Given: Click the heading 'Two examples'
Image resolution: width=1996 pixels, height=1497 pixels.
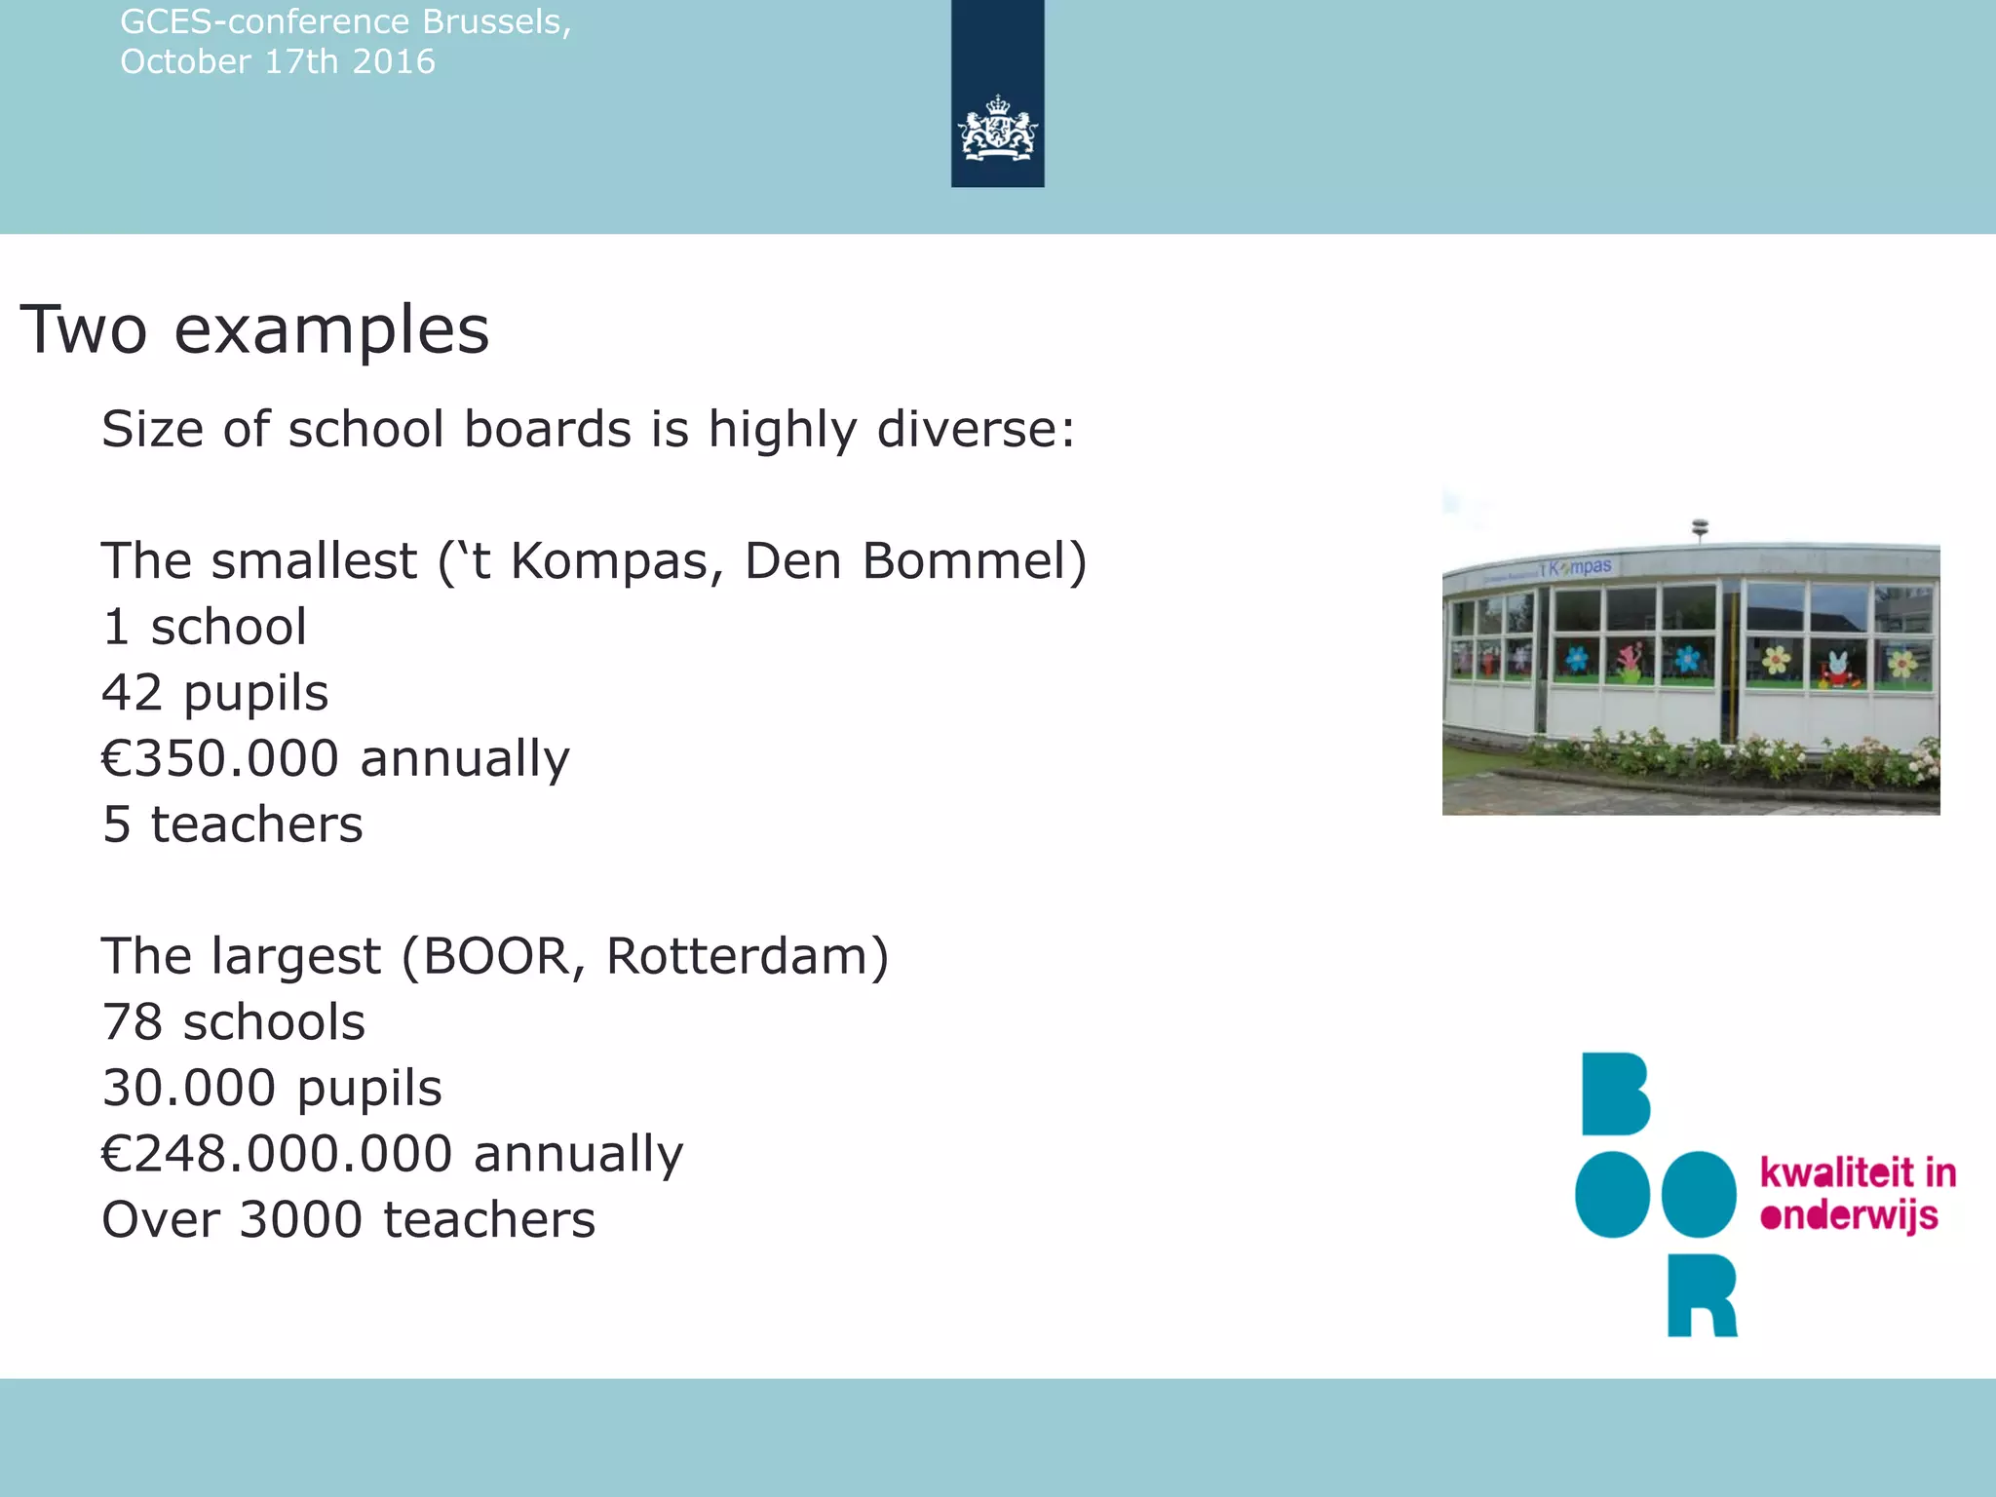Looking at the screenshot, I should click(x=254, y=330).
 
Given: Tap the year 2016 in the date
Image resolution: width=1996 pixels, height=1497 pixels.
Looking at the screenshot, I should click(x=394, y=62).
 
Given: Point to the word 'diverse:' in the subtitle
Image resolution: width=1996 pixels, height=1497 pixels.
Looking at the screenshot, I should click(x=976, y=430).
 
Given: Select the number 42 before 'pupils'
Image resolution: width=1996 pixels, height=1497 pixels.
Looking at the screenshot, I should click(x=132, y=693).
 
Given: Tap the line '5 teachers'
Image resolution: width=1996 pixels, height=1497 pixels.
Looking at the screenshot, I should click(x=233, y=825).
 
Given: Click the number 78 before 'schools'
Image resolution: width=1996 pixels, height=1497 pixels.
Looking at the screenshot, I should click(x=132, y=1022).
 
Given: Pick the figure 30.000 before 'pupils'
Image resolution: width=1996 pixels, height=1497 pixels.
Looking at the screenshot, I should click(x=189, y=1088).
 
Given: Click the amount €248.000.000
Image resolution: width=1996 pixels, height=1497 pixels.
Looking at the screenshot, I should click(x=277, y=1154).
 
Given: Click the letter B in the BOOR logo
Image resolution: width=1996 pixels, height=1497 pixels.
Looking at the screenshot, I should click(x=1614, y=1094).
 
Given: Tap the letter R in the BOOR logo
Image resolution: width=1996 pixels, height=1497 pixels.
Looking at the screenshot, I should click(x=1702, y=1294).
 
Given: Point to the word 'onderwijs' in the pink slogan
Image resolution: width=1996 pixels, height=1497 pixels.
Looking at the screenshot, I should click(x=1849, y=1216).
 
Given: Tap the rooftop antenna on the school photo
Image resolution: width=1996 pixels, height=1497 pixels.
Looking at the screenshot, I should click(x=1701, y=529).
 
